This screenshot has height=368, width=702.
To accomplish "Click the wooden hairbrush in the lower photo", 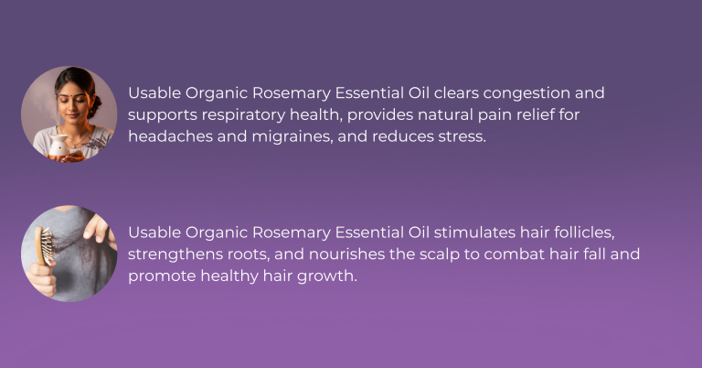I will (x=43, y=246).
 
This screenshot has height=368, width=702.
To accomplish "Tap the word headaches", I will (x=170, y=135).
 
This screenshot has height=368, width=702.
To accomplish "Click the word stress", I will (x=465, y=135).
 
